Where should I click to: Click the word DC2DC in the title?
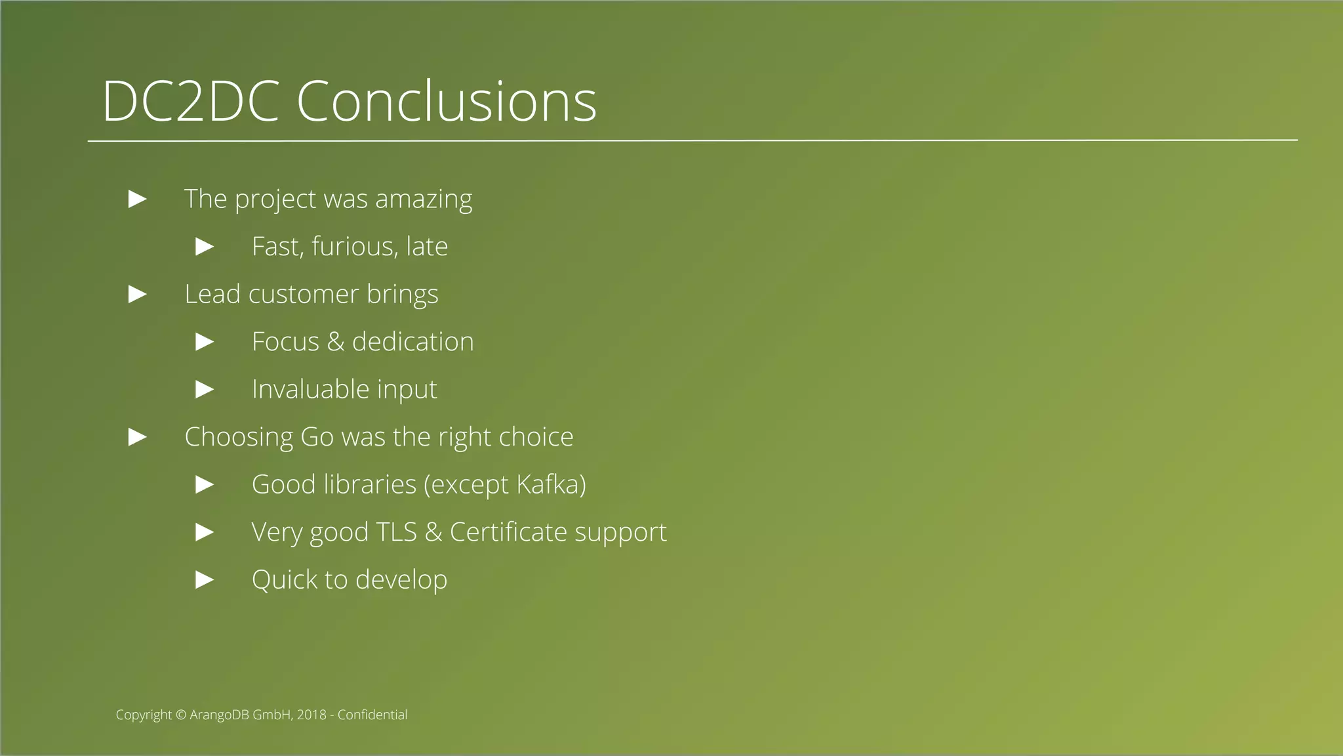[191, 102]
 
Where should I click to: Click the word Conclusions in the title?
[447, 102]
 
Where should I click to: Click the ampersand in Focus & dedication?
[335, 342]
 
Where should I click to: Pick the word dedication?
[412, 342]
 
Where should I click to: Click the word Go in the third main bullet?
[317, 437]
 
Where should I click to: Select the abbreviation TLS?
[397, 532]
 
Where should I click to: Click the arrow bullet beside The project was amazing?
[138, 199]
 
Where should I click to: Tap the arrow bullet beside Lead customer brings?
[138, 294]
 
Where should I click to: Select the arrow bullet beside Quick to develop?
[205, 579]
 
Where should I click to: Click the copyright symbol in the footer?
[181, 715]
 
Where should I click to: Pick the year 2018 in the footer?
[311, 715]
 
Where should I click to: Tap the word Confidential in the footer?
[372, 715]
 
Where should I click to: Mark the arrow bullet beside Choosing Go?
[138, 436]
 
